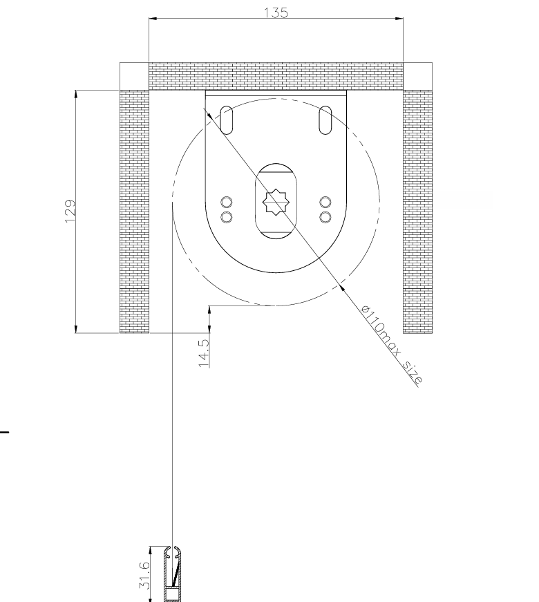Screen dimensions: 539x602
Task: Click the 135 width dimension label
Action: pyautogui.click(x=276, y=12)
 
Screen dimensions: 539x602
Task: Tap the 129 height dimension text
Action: pyautogui.click(x=70, y=211)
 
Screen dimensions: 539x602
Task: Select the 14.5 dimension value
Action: pyautogui.click(x=205, y=352)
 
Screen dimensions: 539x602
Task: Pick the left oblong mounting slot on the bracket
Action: pyautogui.click(x=226, y=120)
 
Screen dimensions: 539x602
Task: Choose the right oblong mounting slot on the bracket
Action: pyautogui.click(x=325, y=120)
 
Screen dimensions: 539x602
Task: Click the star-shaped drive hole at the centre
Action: pyautogui.click(x=276, y=202)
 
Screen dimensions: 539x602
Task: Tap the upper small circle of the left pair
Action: pyautogui.click(x=227, y=203)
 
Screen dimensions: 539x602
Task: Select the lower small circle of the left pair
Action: pyautogui.click(x=227, y=217)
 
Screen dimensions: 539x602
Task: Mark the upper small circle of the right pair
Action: pyautogui.click(x=325, y=203)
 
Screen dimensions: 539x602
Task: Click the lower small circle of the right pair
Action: pyautogui.click(x=325, y=217)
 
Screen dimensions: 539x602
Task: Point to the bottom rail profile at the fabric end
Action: pyautogui.click(x=173, y=574)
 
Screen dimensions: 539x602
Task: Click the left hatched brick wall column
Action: pyautogui.click(x=134, y=211)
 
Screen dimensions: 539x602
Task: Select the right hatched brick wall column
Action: pyautogui.click(x=417, y=211)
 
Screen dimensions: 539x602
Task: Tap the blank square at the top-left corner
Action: pyautogui.click(x=134, y=76)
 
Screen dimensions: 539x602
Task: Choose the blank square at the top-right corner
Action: pyautogui.click(x=417, y=76)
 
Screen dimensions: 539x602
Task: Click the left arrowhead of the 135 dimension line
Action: pyautogui.click(x=153, y=18)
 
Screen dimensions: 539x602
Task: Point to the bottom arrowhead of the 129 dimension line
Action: pyautogui.click(x=75, y=329)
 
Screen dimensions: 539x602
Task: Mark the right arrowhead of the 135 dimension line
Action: pyautogui.click(x=399, y=18)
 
